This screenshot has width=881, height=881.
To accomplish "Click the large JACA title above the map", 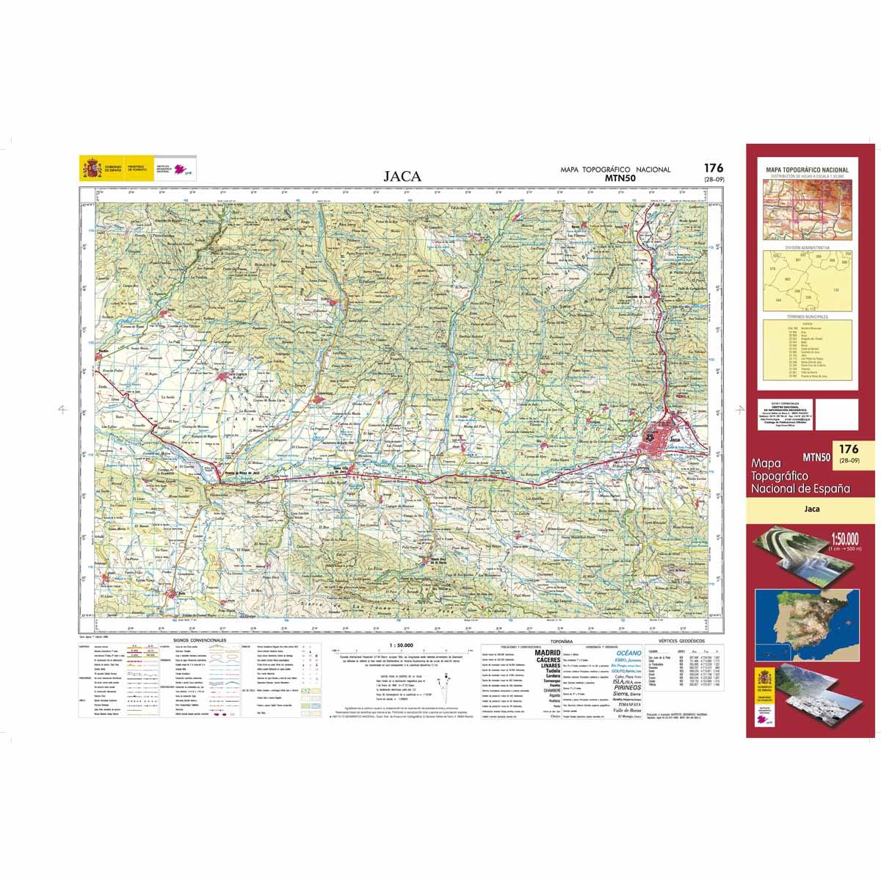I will pos(402,176).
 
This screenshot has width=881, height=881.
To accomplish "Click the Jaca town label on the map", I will pos(674,439).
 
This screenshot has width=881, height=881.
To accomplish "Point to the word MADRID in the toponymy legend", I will pos(546,652).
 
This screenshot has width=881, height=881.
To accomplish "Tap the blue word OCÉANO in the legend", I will pos(628,652).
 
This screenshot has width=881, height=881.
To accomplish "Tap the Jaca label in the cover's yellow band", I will pos(811,507).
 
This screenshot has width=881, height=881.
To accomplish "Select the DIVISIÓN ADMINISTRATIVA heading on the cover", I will pos(811,248).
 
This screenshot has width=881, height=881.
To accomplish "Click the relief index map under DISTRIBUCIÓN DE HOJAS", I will pos(811,209).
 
